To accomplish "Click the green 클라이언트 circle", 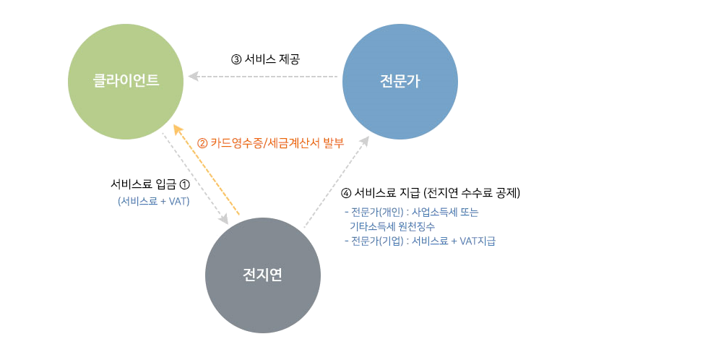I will pyautogui.click(x=125, y=82).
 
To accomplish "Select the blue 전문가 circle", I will pyautogui.click(x=400, y=82).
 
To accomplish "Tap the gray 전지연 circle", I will pyautogui.click(x=263, y=275).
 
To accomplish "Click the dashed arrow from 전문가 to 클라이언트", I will pyautogui.click(x=264, y=76).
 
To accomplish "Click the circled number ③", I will pyautogui.click(x=236, y=59).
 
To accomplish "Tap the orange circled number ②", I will pyautogui.click(x=202, y=143).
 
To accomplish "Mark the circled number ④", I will pyautogui.click(x=346, y=193).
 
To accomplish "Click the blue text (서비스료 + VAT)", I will pyautogui.click(x=154, y=202).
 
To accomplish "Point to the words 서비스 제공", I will pyautogui.click(x=272, y=59).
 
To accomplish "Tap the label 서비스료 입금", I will pyautogui.click(x=142, y=185).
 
